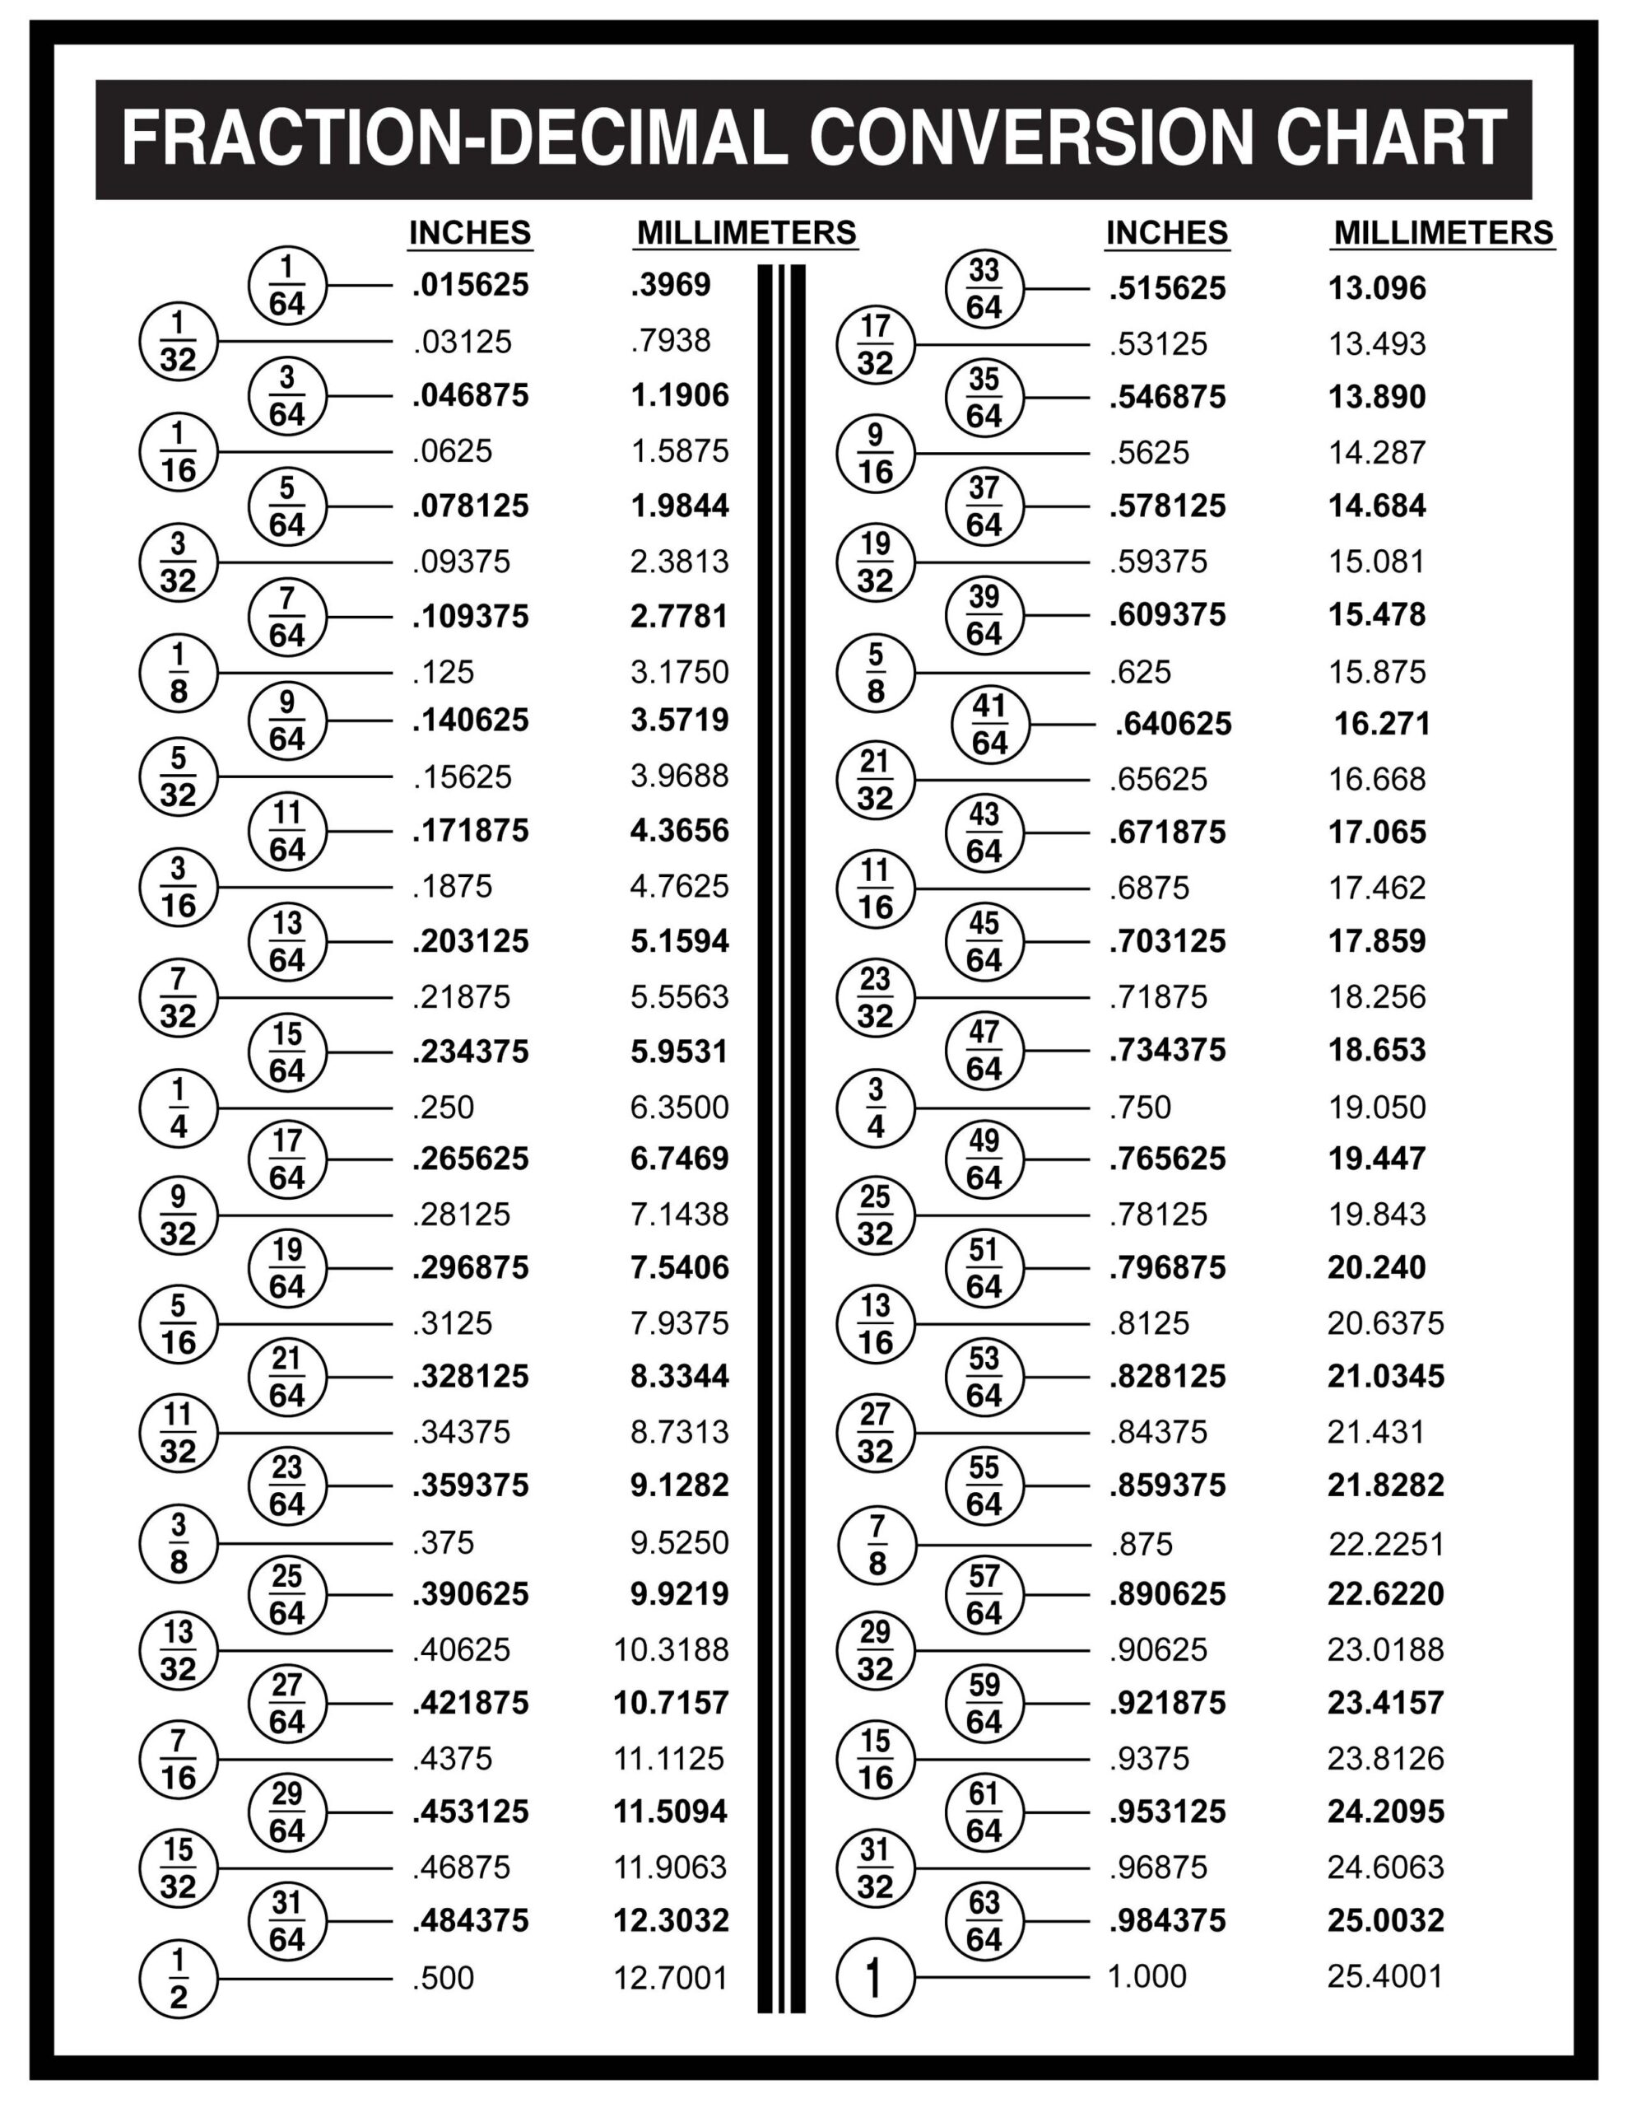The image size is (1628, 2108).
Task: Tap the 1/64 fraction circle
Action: pos(286,286)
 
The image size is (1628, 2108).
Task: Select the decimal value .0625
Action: pos(453,450)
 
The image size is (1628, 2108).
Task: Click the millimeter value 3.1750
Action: pos(679,672)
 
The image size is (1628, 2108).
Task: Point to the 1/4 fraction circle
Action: pos(179,1108)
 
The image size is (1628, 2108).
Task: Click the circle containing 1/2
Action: pos(179,1979)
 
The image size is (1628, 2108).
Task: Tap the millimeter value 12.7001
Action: pos(671,1979)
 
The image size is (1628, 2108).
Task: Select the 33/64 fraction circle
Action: pos(984,288)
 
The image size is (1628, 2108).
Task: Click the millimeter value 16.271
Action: pos(1382,724)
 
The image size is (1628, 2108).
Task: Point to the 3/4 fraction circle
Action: pos(875,1108)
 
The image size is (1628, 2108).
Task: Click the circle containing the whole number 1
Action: pos(875,1978)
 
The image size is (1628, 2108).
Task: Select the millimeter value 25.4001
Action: pos(1385,1977)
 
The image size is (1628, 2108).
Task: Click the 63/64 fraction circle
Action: pos(984,1921)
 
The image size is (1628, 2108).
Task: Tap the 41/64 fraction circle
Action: pos(989,725)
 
